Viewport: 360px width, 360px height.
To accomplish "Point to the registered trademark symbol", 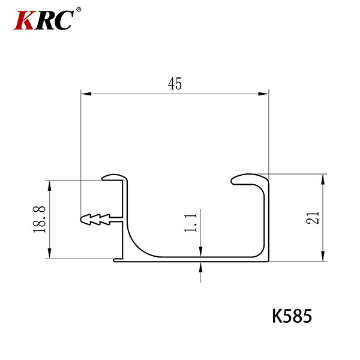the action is (79, 10).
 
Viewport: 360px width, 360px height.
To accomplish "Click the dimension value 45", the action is (175, 83).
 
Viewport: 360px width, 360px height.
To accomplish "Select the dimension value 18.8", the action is (40, 220).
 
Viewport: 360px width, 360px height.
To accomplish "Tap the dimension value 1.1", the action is (191, 223).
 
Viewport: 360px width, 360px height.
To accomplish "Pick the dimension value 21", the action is (313, 218).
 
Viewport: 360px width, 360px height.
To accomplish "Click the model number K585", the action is (292, 316).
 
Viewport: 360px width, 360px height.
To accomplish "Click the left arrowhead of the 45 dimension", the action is (86, 94).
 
